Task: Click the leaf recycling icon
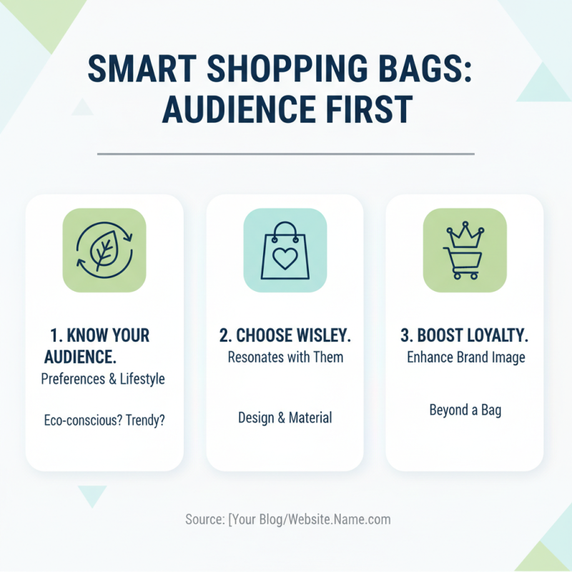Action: click(x=104, y=250)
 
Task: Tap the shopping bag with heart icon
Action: click(x=285, y=250)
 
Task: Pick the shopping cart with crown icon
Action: click(x=464, y=250)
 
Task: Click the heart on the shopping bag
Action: click(x=285, y=259)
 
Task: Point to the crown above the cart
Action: click(x=464, y=234)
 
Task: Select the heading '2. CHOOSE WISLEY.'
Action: click(x=285, y=335)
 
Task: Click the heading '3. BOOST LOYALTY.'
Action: click(x=464, y=335)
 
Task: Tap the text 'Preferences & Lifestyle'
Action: click(x=103, y=379)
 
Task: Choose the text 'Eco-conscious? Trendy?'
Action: click(x=104, y=420)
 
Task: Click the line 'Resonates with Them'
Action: click(x=285, y=357)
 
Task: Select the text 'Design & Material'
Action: click(x=285, y=418)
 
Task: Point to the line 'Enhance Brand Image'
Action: click(x=465, y=357)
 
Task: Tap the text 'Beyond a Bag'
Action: click(x=465, y=410)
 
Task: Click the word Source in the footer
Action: click(x=204, y=520)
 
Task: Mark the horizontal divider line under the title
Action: click(x=285, y=153)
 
